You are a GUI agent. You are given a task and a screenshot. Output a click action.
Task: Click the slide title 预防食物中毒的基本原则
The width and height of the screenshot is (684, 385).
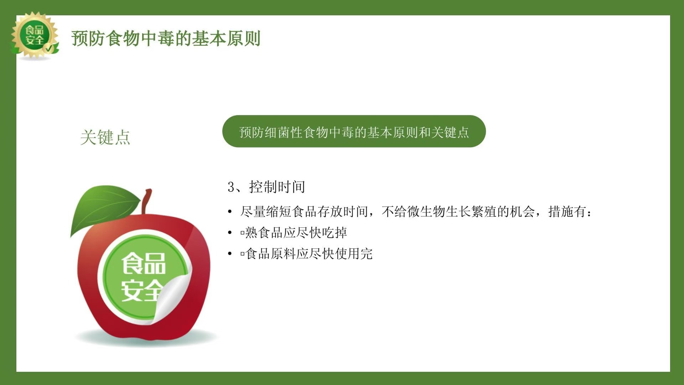pyautogui.click(x=166, y=38)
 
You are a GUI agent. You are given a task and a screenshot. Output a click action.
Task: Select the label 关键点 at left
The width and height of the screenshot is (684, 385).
pyautogui.click(x=105, y=137)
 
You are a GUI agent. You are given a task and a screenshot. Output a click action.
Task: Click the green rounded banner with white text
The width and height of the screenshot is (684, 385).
pyautogui.click(x=354, y=131)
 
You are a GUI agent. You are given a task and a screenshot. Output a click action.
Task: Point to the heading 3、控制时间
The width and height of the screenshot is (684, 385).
pyautogui.click(x=266, y=187)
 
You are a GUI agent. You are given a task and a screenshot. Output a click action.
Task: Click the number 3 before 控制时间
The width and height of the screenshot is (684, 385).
pyautogui.click(x=231, y=187)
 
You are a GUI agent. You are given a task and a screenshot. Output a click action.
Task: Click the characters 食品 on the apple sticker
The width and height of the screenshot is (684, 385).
pyautogui.click(x=144, y=264)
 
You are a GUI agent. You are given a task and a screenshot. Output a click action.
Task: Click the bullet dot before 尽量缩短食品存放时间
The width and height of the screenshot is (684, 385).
pyautogui.click(x=230, y=212)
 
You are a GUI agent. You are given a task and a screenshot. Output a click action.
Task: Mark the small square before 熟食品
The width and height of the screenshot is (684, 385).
pyautogui.click(x=242, y=233)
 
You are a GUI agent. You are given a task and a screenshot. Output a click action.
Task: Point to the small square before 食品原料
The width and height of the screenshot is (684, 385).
pyautogui.click(x=242, y=254)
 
